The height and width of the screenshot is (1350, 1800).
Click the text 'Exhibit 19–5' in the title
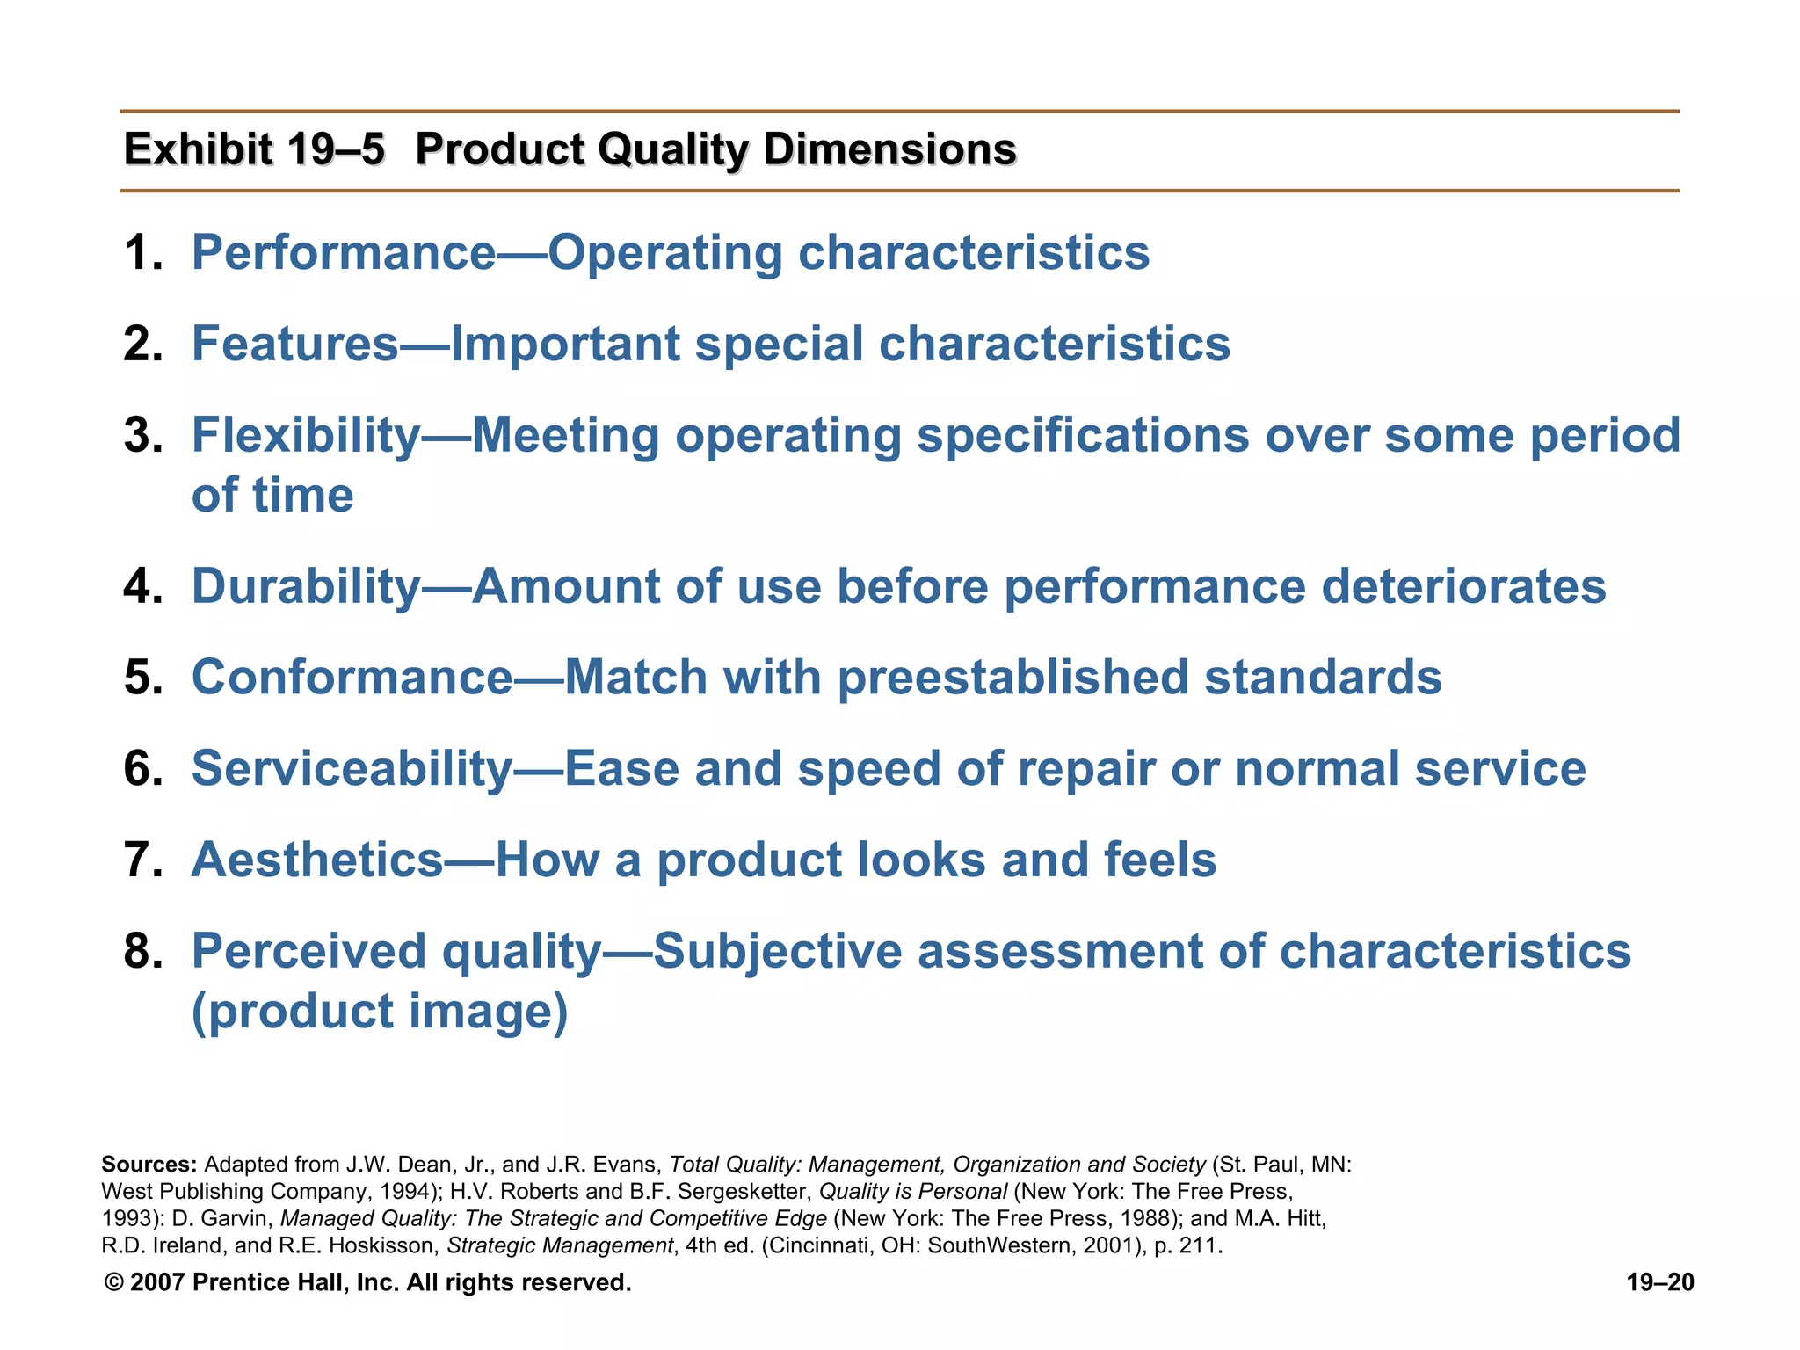coord(254,149)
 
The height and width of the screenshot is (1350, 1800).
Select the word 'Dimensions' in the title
coord(889,149)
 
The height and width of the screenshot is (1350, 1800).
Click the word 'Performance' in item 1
coord(344,253)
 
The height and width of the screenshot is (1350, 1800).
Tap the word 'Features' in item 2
coord(295,344)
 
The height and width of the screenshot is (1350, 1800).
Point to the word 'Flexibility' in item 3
coord(306,435)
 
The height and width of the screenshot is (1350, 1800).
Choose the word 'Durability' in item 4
coord(306,586)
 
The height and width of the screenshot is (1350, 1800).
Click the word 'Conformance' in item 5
coord(352,678)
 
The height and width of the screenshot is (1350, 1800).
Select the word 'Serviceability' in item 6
coord(352,769)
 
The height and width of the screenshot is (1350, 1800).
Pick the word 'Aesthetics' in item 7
coord(317,860)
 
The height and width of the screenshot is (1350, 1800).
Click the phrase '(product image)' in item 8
coord(380,1011)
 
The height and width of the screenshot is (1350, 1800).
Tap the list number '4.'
coord(143,586)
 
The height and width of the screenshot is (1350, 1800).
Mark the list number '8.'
coord(143,952)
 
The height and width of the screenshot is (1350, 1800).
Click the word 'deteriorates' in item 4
coord(1463,586)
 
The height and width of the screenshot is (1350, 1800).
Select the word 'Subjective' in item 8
coord(777,952)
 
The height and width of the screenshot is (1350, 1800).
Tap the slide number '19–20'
coord(1659,1282)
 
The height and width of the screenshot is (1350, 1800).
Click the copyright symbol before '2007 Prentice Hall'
coord(113,1283)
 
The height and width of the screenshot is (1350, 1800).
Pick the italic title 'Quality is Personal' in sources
coord(912,1192)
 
